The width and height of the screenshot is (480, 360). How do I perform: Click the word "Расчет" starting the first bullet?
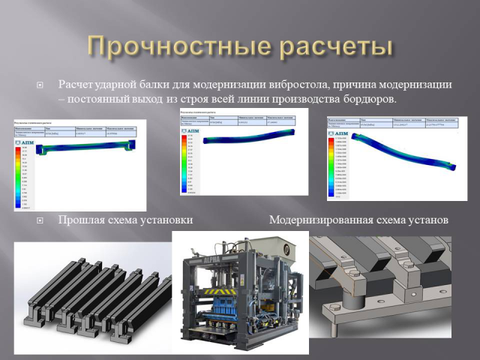76,85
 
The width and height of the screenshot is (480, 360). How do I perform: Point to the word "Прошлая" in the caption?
80,220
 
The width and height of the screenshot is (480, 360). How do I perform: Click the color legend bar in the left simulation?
19,176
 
